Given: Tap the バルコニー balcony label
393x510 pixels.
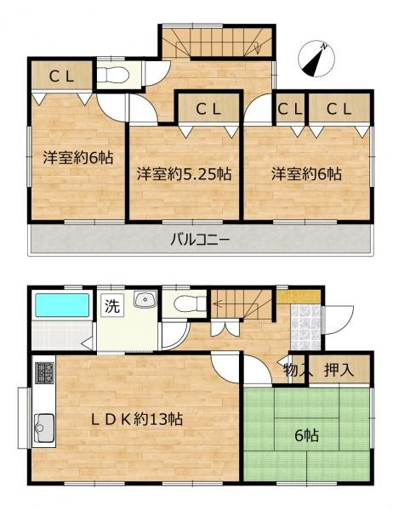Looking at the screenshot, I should (x=202, y=241).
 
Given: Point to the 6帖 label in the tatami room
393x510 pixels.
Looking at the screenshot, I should (x=308, y=435).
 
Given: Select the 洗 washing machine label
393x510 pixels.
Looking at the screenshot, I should (x=111, y=307).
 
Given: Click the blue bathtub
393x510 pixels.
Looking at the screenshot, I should (x=61, y=305).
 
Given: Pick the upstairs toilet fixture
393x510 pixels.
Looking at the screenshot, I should (x=111, y=76).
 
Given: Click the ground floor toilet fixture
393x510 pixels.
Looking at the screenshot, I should (x=186, y=303).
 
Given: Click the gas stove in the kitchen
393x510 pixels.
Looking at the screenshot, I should (x=44, y=371).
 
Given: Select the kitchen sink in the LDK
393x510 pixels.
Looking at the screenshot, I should (x=44, y=425).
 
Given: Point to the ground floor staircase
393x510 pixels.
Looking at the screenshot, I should (x=241, y=301).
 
